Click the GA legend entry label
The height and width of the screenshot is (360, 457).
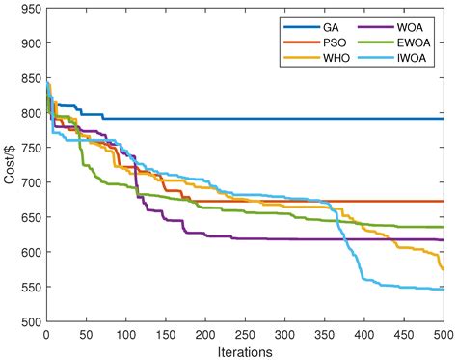click(x=331, y=26)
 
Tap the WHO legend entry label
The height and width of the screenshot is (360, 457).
click(x=336, y=58)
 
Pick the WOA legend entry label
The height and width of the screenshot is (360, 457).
click(x=406, y=26)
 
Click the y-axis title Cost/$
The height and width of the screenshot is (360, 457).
click(x=10, y=165)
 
